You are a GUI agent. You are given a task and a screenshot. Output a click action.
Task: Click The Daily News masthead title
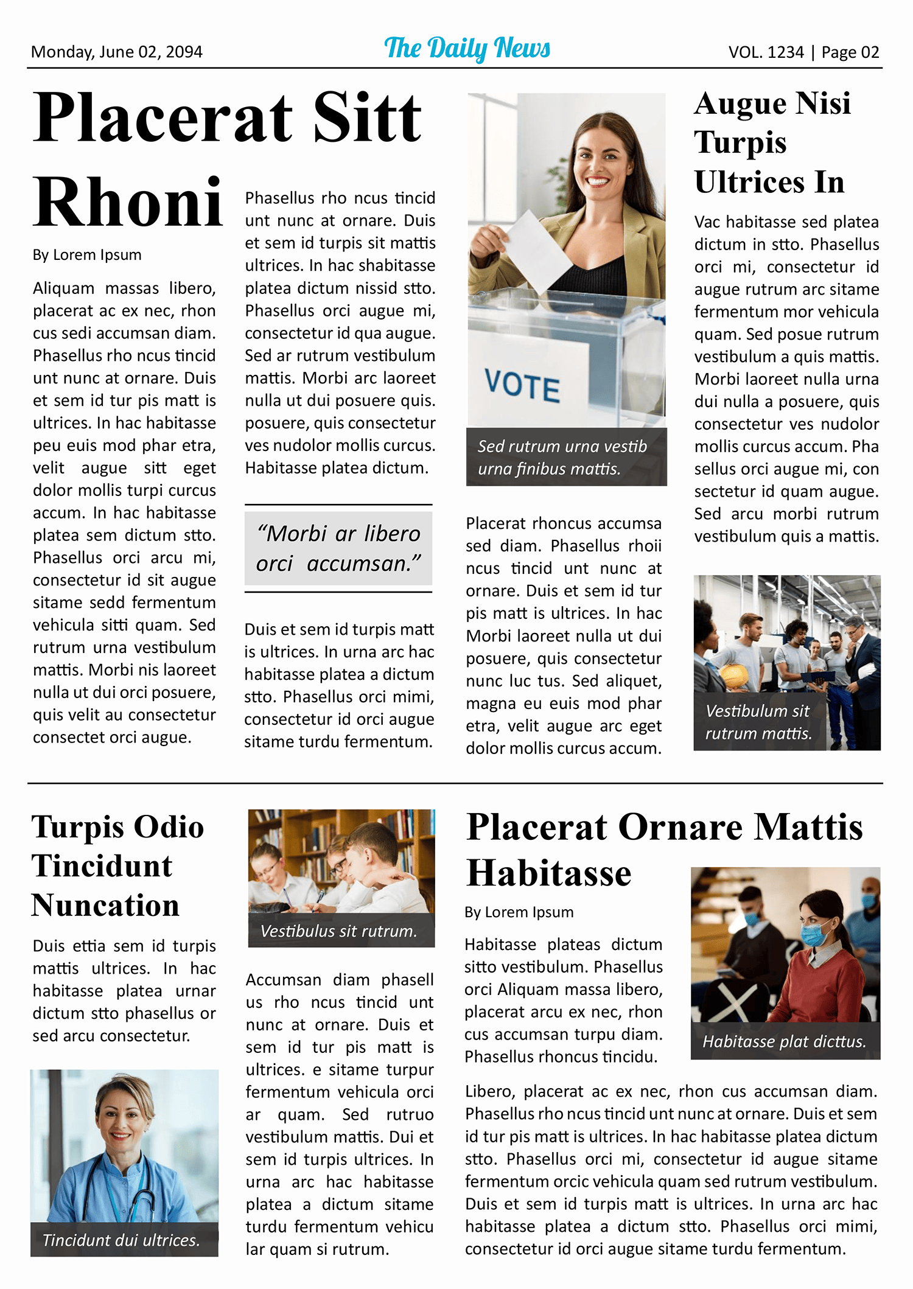(467, 48)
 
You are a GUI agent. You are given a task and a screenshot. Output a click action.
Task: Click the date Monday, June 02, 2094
(116, 52)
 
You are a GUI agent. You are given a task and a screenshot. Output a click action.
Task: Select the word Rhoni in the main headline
(128, 202)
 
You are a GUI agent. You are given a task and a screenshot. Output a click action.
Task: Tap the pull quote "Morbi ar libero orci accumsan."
(338, 548)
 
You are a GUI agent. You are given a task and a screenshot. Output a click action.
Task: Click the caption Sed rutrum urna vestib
(562, 446)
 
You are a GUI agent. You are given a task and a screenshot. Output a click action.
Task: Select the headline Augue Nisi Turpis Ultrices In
(772, 142)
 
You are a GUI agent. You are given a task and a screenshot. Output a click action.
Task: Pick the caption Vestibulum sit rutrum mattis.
(758, 722)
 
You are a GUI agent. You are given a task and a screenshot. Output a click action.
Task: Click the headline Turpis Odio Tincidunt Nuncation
(117, 865)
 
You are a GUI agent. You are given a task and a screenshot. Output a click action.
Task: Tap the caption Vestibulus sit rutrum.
(338, 931)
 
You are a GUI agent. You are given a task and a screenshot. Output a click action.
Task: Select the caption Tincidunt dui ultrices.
(121, 1240)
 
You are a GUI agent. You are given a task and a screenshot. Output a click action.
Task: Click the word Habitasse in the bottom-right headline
(549, 873)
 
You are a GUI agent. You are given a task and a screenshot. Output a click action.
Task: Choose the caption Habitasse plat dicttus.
(784, 1041)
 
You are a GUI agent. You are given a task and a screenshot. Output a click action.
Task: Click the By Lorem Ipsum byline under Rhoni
(87, 254)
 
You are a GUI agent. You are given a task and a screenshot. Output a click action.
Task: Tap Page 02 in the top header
(850, 52)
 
